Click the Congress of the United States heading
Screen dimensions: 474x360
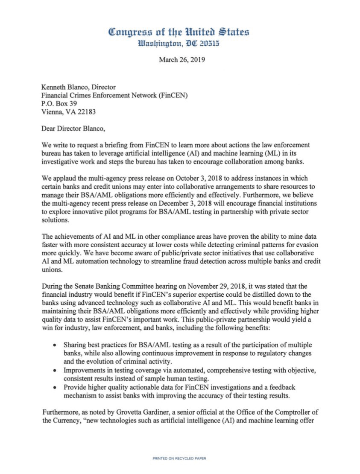[179, 32]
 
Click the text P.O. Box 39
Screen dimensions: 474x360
[59, 103]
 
